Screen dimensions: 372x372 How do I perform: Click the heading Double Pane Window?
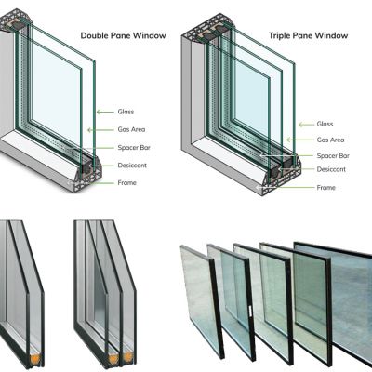click(123, 35)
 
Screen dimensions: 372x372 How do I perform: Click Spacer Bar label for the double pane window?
click(136, 148)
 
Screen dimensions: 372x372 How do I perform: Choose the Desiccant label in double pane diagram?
click(134, 166)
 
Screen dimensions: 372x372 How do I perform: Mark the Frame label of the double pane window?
click(127, 183)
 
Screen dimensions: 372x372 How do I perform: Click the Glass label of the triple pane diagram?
click(325, 124)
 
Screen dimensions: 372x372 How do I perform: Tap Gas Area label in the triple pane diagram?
click(329, 139)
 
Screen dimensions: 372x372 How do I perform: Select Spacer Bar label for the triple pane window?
click(332, 155)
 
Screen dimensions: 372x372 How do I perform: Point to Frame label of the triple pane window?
click(325, 188)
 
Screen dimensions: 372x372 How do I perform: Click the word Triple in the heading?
click(282, 35)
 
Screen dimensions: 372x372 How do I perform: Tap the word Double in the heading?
click(97, 35)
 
